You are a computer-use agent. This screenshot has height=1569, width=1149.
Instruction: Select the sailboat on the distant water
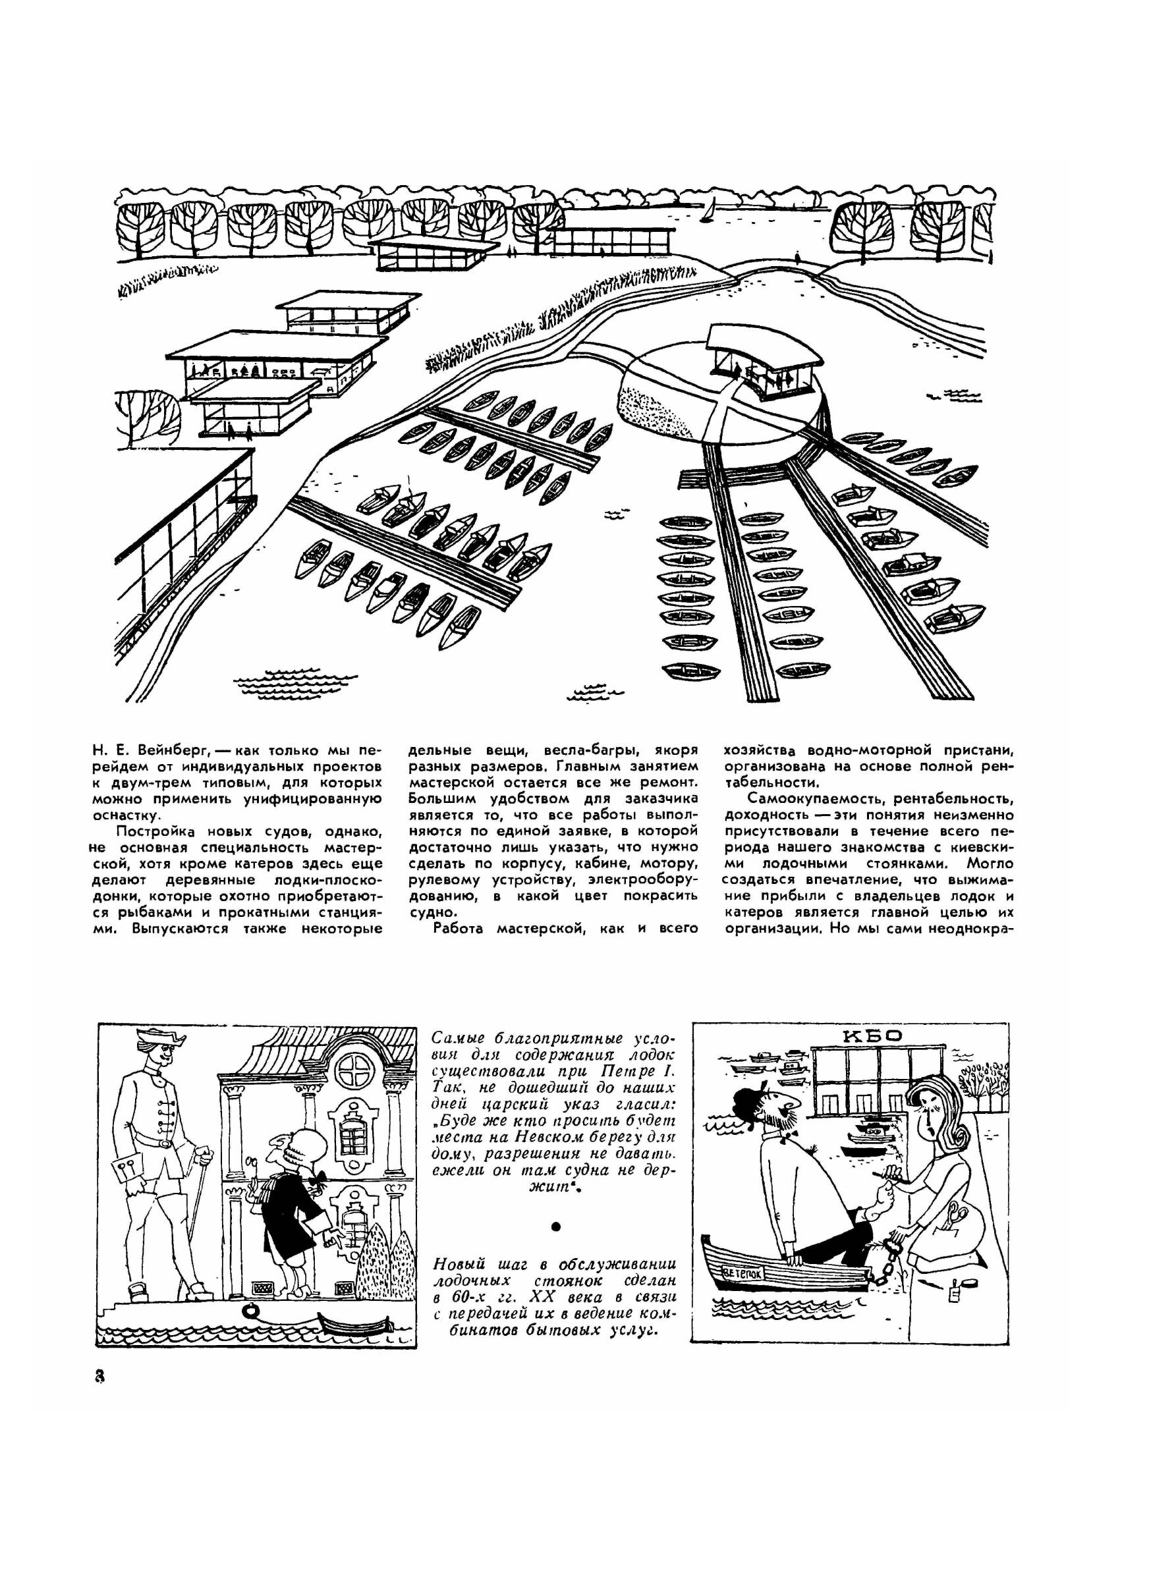708,208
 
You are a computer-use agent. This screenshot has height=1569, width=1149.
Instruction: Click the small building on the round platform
762,364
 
